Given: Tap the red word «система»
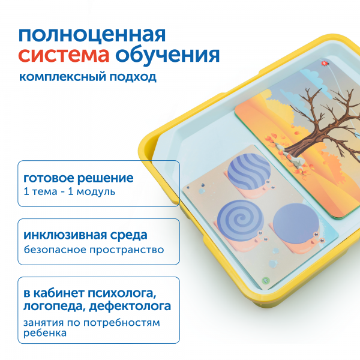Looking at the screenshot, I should [x=63, y=56].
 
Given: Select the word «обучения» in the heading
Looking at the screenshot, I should [x=167, y=56].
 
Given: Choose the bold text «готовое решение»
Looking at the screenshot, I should [x=78, y=179].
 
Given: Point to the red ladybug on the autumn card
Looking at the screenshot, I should [x=325, y=62].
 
